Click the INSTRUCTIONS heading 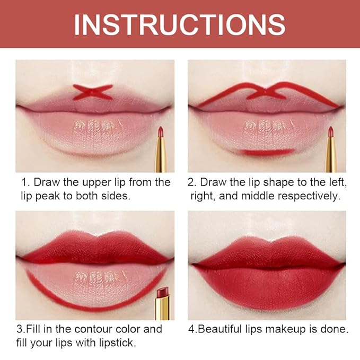coord(180,24)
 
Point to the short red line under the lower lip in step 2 coord(267,152)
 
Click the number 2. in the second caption coord(192,182)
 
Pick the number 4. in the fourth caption coord(192,329)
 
